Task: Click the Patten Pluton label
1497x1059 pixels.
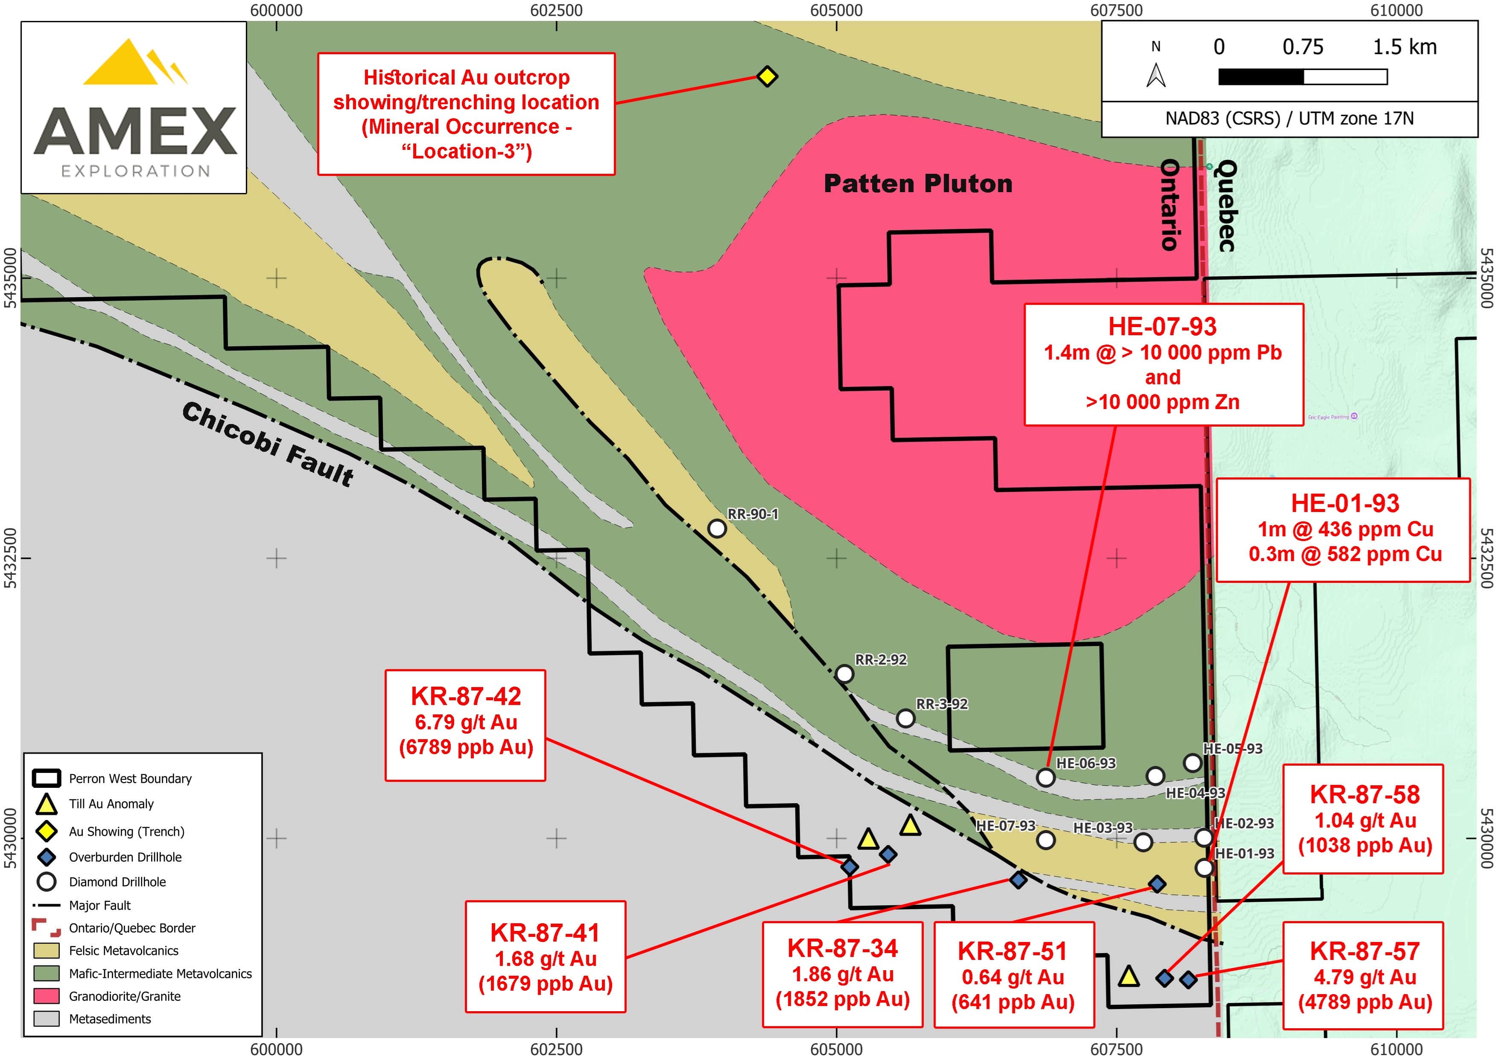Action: [918, 184]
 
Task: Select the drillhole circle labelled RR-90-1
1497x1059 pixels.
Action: [717, 528]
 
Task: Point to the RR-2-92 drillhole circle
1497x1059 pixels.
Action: [844, 673]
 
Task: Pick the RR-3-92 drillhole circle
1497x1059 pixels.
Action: [905, 718]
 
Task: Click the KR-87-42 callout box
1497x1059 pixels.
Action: [466, 725]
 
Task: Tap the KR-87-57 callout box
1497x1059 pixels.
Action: [1363, 976]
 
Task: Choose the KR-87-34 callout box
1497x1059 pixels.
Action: [842, 974]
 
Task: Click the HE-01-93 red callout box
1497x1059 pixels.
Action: [1344, 529]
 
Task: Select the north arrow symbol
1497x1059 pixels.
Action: [1156, 74]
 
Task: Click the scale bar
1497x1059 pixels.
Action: [1303, 77]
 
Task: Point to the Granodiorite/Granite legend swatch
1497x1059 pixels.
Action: [46, 996]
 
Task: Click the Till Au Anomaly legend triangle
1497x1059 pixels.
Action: [46, 804]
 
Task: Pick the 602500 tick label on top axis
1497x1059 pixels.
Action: [556, 10]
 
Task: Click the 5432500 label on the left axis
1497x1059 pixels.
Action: [10, 558]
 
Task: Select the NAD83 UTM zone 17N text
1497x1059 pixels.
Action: [1290, 119]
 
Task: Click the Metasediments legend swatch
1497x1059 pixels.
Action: [46, 1018]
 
